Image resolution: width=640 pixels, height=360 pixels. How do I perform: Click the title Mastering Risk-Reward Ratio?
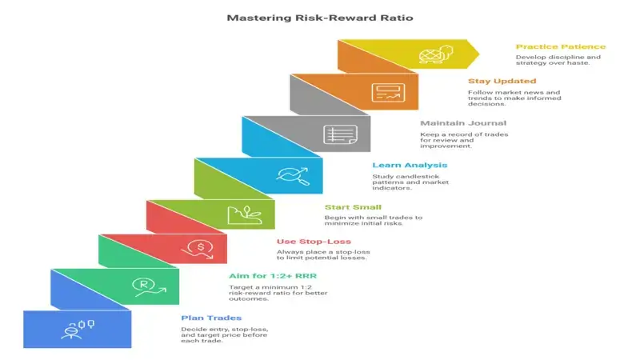[x=319, y=17]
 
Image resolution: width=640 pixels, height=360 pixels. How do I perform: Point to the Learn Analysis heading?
[x=410, y=165]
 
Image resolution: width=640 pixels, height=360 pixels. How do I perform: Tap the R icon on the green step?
[x=144, y=286]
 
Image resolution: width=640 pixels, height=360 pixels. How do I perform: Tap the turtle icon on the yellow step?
[x=433, y=56]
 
